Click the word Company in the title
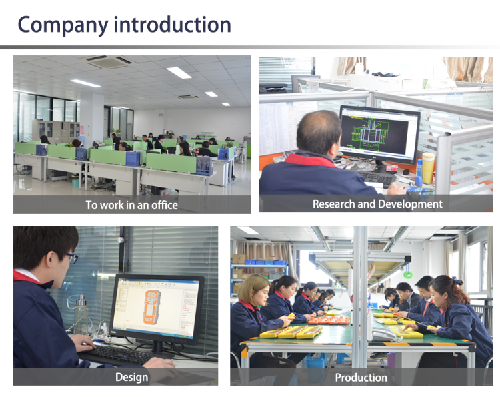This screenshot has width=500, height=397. tap(63, 25)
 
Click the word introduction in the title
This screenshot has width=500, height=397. tap(172, 24)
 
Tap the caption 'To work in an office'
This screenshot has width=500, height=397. tap(131, 205)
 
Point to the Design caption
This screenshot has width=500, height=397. tap(131, 377)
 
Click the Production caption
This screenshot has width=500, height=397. tap(361, 378)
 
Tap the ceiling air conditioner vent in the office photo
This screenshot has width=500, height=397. tap(109, 61)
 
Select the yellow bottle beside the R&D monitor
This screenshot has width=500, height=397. tap(428, 167)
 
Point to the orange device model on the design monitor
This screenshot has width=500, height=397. tap(152, 307)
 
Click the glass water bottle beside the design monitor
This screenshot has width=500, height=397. tap(81, 316)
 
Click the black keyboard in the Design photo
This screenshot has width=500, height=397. tap(117, 355)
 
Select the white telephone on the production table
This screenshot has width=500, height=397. tap(384, 335)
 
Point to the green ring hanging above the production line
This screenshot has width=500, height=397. tap(407, 274)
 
